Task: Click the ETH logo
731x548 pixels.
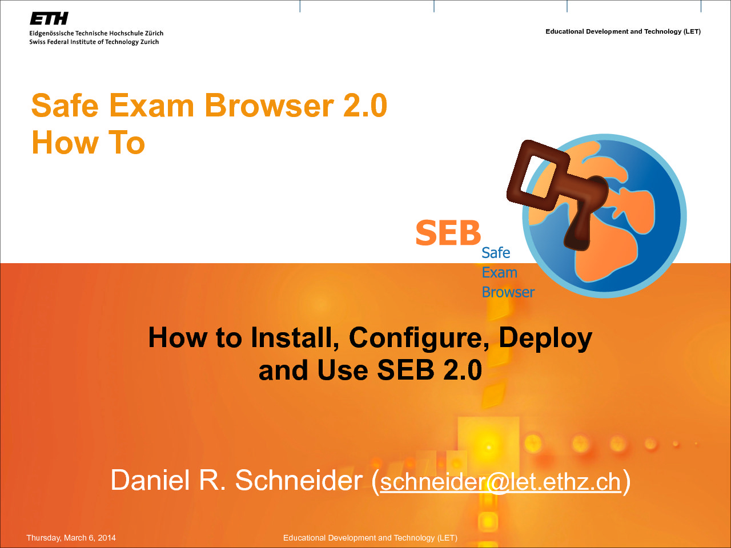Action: [49, 18]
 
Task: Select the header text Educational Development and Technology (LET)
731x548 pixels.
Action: [622, 31]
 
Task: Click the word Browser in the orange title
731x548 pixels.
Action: [269, 106]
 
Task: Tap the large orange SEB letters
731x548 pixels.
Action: [448, 232]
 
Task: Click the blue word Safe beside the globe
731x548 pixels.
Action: [496, 253]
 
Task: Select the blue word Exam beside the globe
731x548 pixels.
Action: [500, 273]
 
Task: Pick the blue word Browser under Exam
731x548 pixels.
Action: [508, 292]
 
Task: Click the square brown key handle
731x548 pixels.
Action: [538, 175]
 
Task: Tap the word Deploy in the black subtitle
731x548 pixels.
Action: [545, 338]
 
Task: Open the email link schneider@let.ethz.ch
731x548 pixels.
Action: [500, 481]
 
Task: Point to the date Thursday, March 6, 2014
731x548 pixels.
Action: [71, 538]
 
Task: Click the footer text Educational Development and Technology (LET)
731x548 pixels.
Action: [370, 538]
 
